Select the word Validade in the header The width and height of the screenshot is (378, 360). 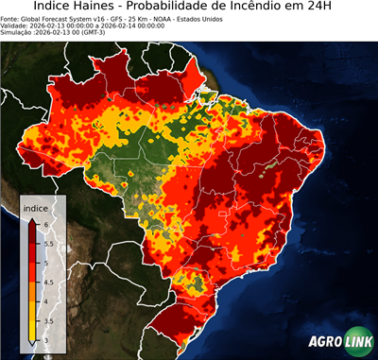point(16,25)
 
